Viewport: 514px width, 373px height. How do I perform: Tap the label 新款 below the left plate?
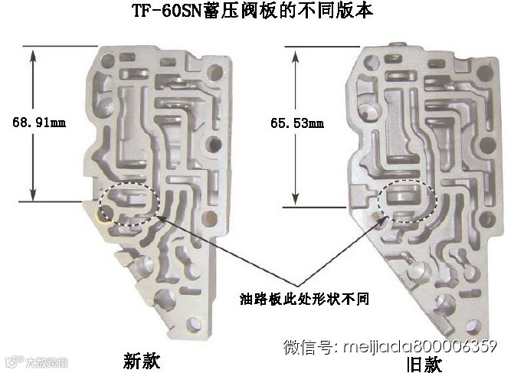coord(141,360)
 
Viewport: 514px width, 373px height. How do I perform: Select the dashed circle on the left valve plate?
coord(129,203)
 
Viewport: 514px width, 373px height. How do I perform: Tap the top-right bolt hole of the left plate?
coord(221,72)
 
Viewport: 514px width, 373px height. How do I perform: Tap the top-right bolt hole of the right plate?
coord(484,73)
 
